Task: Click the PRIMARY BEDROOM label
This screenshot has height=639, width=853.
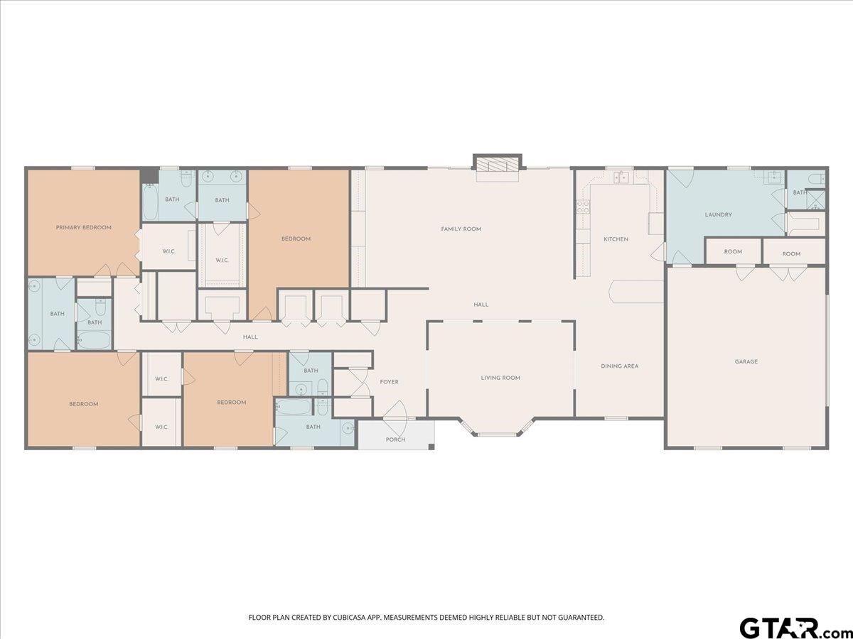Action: [x=84, y=227]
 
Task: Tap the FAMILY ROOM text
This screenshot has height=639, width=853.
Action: [x=461, y=229]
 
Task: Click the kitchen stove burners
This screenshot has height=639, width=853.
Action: [x=582, y=207]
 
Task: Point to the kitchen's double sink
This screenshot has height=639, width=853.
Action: [x=621, y=177]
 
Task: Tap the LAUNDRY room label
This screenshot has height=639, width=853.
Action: [x=718, y=214]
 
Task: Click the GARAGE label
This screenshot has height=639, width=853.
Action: [x=746, y=361]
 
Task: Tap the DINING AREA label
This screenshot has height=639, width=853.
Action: [x=619, y=366]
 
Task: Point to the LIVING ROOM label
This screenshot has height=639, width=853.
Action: [x=500, y=378]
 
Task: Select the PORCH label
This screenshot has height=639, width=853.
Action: [x=395, y=439]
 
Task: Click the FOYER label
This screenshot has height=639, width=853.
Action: [x=389, y=382]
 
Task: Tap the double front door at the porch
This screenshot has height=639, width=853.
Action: [x=395, y=414]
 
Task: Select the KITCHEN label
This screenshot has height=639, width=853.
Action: [x=616, y=239]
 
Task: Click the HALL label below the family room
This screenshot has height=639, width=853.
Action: [x=481, y=305]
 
